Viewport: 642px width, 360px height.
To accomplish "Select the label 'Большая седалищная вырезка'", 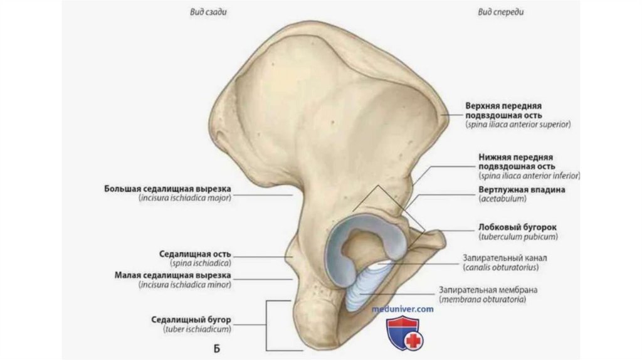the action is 168,188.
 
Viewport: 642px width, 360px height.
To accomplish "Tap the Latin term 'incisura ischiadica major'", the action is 185,198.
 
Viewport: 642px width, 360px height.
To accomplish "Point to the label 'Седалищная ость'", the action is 195,254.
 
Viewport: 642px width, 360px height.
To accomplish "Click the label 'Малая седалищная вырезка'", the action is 173,275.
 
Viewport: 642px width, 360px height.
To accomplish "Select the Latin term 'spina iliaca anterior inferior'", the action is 523,176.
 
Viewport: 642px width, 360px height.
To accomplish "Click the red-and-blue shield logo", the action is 404,332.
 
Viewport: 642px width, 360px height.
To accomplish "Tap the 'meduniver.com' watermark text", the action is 402,309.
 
